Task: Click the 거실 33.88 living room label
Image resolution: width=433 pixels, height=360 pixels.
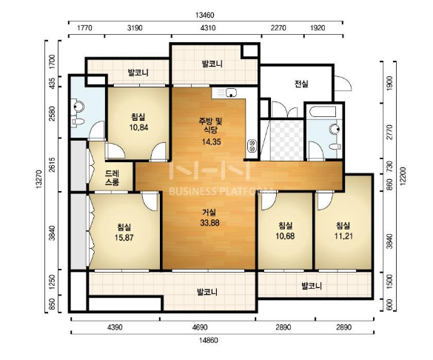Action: point(209,218)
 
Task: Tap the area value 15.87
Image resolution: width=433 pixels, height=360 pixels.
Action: point(124,237)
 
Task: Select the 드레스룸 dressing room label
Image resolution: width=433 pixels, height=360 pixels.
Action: point(112,178)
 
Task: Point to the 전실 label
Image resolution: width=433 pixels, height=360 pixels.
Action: point(301,84)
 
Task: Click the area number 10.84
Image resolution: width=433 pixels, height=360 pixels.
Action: point(138,127)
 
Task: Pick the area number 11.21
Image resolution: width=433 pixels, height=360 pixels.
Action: point(343,236)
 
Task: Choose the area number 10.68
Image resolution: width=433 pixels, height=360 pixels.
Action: point(285,236)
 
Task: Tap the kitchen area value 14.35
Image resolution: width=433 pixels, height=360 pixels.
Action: point(211,142)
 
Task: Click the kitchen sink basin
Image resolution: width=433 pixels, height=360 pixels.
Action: point(231,93)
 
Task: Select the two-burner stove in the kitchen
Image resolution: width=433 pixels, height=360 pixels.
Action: point(252,146)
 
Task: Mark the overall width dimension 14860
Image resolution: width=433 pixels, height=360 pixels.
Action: point(209,340)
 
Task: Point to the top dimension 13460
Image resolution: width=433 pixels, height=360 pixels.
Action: point(205,16)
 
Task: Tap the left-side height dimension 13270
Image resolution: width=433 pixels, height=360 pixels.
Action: point(38,179)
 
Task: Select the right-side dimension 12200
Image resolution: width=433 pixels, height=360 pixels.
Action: point(403,176)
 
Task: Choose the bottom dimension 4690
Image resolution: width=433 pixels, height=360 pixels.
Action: point(200,327)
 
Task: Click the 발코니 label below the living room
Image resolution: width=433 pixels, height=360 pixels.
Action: point(207,292)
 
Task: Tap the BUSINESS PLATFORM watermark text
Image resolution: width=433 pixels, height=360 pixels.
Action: point(221,191)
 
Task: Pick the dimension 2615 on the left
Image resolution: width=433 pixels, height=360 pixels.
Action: point(53,165)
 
